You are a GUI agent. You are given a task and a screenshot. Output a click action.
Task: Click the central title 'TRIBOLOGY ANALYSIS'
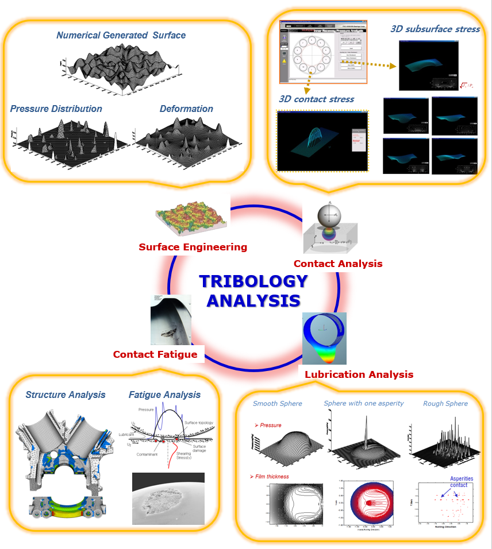(253, 291)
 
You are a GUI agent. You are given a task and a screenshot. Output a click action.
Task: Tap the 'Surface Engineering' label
(193, 248)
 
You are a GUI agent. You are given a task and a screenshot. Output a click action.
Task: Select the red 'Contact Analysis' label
(337, 264)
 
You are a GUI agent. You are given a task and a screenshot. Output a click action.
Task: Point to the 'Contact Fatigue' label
(155, 354)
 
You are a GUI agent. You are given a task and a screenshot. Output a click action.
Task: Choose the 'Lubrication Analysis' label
(359, 374)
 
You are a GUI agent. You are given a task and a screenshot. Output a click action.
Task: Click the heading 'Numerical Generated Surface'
(121, 35)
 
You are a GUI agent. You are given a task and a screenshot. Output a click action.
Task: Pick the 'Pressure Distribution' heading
(56, 109)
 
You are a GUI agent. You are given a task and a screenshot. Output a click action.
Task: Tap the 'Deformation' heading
(186, 109)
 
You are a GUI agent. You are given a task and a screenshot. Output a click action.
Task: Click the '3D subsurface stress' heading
(435, 29)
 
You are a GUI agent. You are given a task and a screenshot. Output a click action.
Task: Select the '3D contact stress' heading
(316, 99)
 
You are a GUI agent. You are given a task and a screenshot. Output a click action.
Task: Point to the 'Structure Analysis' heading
(66, 395)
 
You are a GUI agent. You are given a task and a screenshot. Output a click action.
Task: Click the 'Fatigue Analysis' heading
(164, 395)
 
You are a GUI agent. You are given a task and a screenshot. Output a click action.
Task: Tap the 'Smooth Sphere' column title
(277, 404)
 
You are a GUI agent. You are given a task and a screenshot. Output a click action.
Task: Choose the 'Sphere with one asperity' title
(363, 404)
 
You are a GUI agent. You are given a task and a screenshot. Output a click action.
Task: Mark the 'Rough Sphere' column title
(445, 404)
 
